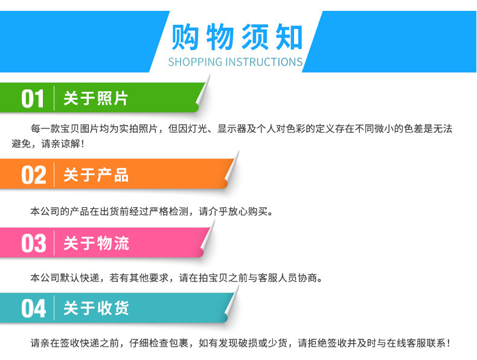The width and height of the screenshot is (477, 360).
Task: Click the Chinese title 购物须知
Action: (x=237, y=37)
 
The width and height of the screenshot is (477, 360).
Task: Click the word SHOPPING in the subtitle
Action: (x=195, y=62)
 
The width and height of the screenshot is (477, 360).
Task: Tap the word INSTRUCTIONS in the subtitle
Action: (x=264, y=62)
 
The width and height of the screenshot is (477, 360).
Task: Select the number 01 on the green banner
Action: (x=33, y=98)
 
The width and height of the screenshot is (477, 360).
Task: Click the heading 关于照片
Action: (x=95, y=98)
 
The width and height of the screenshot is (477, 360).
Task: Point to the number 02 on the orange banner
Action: (x=33, y=175)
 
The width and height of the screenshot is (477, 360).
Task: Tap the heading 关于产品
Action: (x=96, y=175)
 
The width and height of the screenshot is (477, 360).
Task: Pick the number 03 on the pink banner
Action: (x=33, y=243)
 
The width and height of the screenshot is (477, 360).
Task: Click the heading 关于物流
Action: (x=96, y=243)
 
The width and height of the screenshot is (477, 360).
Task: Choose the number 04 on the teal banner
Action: (x=33, y=308)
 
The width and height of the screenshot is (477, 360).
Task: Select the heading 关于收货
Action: (x=96, y=308)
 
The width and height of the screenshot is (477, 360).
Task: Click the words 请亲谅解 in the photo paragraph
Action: (x=60, y=144)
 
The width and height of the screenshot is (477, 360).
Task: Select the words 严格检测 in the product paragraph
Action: (x=169, y=211)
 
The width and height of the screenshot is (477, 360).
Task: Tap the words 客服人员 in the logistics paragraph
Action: (x=277, y=278)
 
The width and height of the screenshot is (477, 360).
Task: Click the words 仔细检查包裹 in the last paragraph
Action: (x=159, y=343)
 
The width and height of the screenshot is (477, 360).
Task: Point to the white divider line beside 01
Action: (x=54, y=98)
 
